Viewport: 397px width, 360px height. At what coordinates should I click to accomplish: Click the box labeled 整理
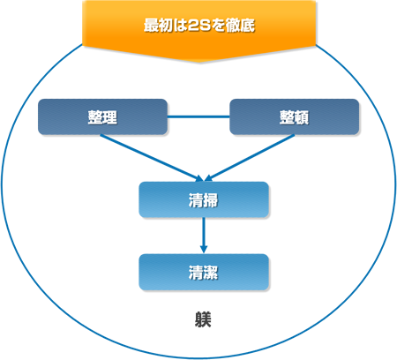[x=102, y=116]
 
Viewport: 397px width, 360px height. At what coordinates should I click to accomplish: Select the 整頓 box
[x=294, y=116]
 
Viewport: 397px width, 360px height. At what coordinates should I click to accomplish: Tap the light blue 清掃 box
[x=204, y=199]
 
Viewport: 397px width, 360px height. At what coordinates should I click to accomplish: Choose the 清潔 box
[x=204, y=272]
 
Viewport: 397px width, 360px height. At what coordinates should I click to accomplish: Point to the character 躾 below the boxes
[x=203, y=319]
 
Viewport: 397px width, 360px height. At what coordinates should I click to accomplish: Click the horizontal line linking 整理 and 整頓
[x=198, y=116]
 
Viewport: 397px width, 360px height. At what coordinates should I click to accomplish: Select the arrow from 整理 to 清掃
[x=152, y=158]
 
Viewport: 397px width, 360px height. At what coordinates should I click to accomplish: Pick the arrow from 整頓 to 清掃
[x=250, y=158]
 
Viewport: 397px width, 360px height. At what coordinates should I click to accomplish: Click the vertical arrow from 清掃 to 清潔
[x=204, y=236]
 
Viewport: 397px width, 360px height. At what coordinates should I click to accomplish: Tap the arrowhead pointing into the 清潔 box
[x=204, y=250]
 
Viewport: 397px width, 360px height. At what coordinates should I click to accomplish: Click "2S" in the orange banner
[x=199, y=26]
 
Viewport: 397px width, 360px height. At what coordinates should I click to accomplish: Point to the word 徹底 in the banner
[x=240, y=26]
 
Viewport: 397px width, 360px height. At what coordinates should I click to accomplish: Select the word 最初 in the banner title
[x=158, y=26]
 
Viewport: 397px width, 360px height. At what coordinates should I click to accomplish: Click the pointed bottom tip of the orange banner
[x=199, y=62]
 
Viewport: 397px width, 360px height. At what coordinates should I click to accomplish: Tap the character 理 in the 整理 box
[x=110, y=117]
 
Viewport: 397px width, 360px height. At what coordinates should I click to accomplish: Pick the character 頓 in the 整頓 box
[x=302, y=117]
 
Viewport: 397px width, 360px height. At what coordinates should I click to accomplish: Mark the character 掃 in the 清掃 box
[x=211, y=200]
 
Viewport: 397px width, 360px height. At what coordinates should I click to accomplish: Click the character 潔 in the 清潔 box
[x=211, y=273]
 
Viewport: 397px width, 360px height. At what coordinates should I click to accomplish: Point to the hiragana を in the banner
[x=219, y=26]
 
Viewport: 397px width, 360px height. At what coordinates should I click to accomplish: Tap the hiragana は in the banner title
[x=180, y=26]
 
